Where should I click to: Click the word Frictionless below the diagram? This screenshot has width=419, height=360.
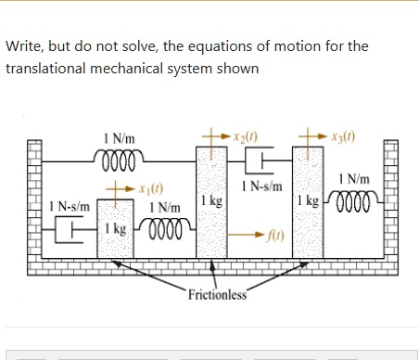coord(217,295)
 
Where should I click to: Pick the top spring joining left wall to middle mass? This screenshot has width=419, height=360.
coord(121,156)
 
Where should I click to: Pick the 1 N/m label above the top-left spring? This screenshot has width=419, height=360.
coord(118,138)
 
